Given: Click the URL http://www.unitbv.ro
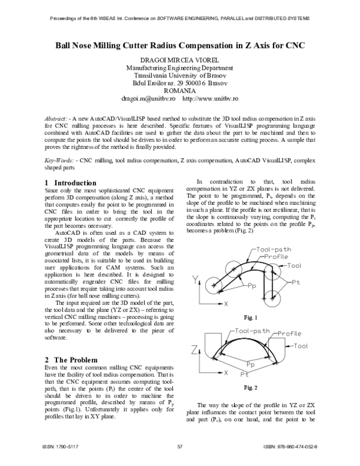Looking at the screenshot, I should tap(211, 97).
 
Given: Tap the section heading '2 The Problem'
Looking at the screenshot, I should tap(70, 359).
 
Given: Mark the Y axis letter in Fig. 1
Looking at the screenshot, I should tap(196, 279).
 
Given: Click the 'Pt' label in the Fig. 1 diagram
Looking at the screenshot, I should tap(296, 282).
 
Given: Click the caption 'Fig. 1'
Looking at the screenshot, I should tap(251, 317).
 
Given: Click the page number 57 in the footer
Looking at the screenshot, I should tap(180, 447).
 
